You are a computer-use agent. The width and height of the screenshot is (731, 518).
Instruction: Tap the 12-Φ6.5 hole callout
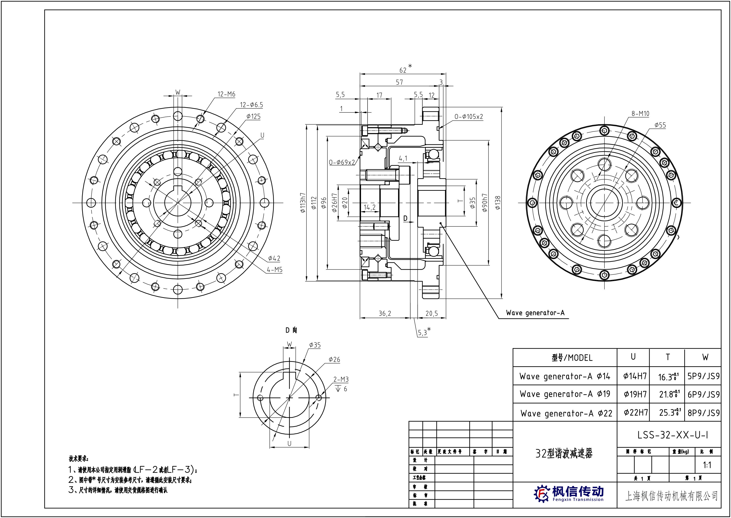pos(251,105)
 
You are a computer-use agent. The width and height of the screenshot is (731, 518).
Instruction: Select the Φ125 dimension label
pos(253,117)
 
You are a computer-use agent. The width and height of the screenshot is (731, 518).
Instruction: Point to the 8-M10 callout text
pos(640,114)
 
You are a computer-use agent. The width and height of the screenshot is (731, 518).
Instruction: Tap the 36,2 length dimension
pos(385,313)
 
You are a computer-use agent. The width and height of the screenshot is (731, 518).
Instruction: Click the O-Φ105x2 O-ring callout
pos(468,117)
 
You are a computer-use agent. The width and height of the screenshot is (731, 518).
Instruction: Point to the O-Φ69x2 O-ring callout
pos(342,163)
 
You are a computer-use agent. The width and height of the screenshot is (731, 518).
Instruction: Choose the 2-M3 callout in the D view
pos(341,379)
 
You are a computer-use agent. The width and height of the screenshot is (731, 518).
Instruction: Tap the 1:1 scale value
pos(707,465)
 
